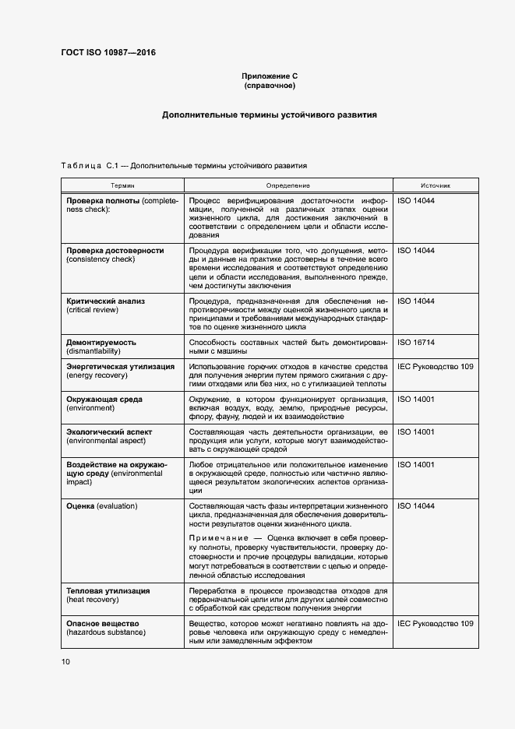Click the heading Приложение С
coord(270,76)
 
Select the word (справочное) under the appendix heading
coord(270,86)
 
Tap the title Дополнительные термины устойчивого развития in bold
coord(270,114)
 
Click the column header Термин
coord(122,185)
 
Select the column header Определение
coord(287,185)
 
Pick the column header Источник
coord(436,185)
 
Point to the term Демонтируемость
coord(101,341)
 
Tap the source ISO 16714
coord(416,341)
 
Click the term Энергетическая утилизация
coord(120,366)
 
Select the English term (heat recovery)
coord(97,600)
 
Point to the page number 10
coord(65,661)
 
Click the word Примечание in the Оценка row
coord(217,537)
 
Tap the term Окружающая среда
coord(104,399)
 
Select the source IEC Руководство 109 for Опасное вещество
coord(435,623)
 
